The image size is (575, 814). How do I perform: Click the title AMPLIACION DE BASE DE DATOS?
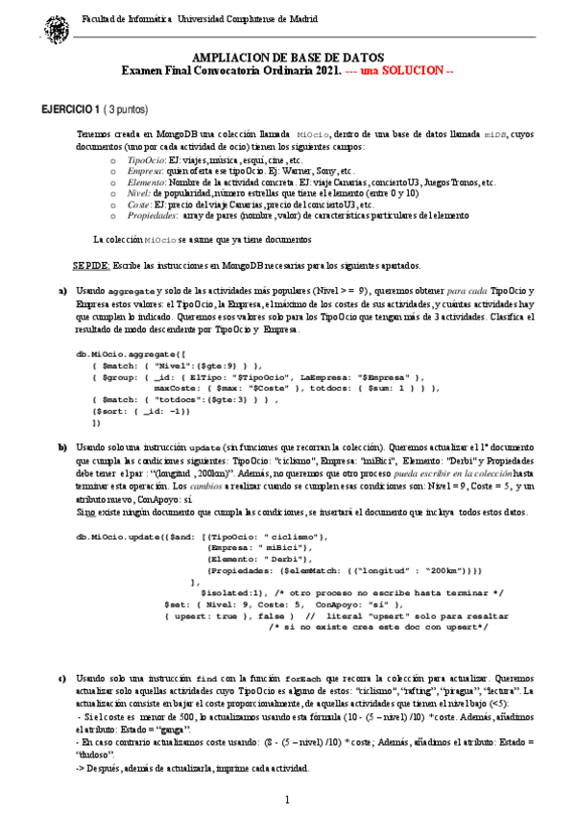[x=287, y=58]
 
